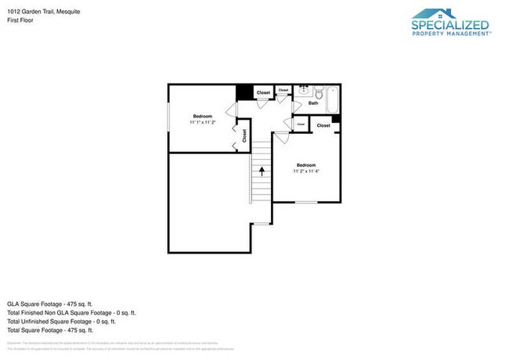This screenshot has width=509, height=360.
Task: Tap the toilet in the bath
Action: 320,92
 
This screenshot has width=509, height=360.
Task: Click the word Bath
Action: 313,103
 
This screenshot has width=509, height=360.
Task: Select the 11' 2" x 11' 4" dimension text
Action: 306,171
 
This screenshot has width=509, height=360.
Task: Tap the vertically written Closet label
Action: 244,136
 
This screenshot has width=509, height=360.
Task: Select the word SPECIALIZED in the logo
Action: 450,25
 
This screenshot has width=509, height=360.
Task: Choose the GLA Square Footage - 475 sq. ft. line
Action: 51,303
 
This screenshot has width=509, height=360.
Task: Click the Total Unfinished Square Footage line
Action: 61,321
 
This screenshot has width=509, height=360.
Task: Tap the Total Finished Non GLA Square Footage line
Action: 70,312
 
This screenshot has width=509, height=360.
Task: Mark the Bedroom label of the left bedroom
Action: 203,116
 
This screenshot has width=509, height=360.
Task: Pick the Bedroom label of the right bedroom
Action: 306,165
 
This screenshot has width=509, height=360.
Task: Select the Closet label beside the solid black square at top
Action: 263,92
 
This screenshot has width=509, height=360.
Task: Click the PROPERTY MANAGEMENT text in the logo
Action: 450,34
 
